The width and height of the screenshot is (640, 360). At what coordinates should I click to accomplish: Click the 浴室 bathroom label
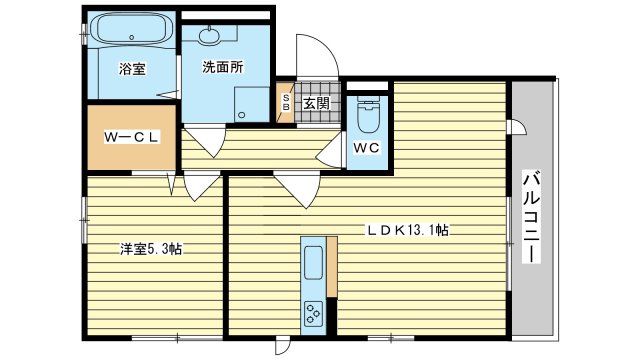pyautogui.click(x=132, y=69)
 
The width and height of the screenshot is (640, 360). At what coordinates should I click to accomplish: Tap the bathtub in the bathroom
pyautogui.click(x=131, y=29)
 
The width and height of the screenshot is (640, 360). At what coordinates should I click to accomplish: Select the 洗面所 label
pyautogui.click(x=223, y=67)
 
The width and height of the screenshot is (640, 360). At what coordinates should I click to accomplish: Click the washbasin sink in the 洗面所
pyautogui.click(x=210, y=35)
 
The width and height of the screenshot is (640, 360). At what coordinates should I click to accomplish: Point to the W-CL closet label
pyautogui.click(x=131, y=137)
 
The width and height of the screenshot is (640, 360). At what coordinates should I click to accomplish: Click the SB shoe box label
pyautogui.click(x=286, y=103)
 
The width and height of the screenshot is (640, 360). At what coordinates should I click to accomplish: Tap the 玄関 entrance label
pyautogui.click(x=316, y=104)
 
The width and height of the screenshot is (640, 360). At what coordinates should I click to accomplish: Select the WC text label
pyautogui.click(x=366, y=148)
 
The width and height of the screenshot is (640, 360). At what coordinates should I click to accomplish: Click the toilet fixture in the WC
pyautogui.click(x=367, y=115)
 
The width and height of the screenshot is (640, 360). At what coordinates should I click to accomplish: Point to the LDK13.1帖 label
pyautogui.click(x=408, y=231)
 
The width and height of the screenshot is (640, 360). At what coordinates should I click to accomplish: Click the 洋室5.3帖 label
pyautogui.click(x=151, y=249)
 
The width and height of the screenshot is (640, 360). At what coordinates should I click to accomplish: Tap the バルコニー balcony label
pyautogui.click(x=532, y=217)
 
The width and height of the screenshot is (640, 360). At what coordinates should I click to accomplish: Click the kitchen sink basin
pyautogui.click(x=313, y=263)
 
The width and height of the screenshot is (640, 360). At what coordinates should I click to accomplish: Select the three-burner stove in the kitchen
pyautogui.click(x=313, y=314)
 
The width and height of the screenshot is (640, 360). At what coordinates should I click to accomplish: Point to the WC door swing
pyautogui.click(x=329, y=150)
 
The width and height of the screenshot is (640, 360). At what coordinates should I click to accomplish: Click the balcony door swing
pyautogui.click(x=518, y=127)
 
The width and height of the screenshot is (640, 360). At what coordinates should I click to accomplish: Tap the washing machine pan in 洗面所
pyautogui.click(x=252, y=104)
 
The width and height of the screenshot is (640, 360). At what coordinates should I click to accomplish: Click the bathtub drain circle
pyautogui.click(x=131, y=37)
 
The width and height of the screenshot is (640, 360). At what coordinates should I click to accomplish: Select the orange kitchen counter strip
pyautogui.click(x=332, y=267)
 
